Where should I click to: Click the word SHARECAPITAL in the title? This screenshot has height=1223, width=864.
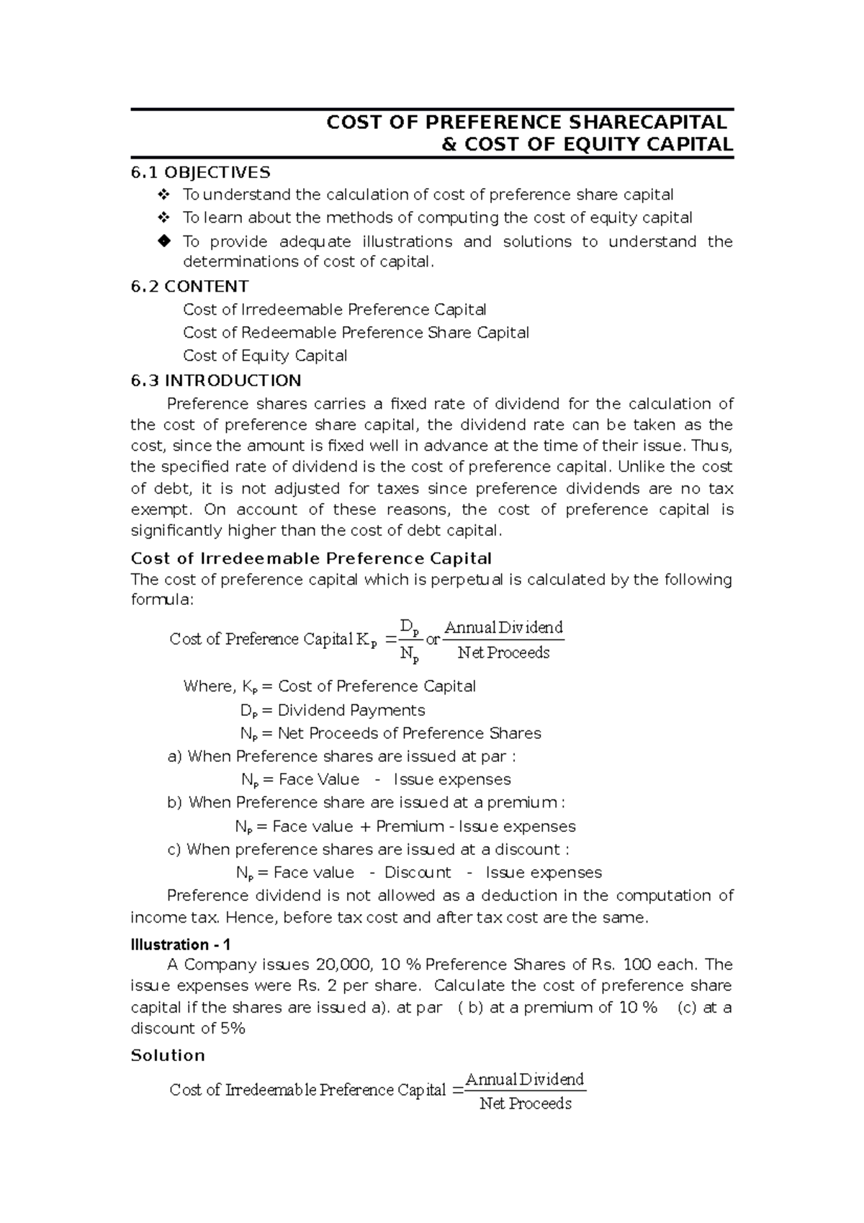coord(645,122)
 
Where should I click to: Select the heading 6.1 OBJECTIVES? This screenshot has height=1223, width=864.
coord(200,172)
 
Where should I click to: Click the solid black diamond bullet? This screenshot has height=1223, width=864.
coord(163,241)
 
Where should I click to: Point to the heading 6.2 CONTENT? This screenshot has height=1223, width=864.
coord(189,286)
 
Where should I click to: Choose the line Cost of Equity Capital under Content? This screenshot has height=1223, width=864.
coord(265,355)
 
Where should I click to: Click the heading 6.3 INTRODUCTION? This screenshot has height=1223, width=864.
coord(216,380)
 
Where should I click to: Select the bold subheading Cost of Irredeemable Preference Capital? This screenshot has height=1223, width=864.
coord(311,558)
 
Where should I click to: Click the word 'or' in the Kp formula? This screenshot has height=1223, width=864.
coord(433,639)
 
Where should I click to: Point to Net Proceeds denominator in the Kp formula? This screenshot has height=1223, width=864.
coord(503,653)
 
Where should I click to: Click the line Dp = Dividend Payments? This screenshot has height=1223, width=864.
coord(333,710)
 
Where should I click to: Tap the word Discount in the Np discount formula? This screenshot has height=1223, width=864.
coord(418,872)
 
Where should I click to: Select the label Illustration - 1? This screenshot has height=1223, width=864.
coord(180,944)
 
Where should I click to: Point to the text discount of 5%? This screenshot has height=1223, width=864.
coord(188,1028)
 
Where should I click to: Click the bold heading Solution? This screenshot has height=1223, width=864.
coord(168,1055)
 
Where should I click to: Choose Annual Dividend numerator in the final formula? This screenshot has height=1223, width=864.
coord(525,1079)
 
